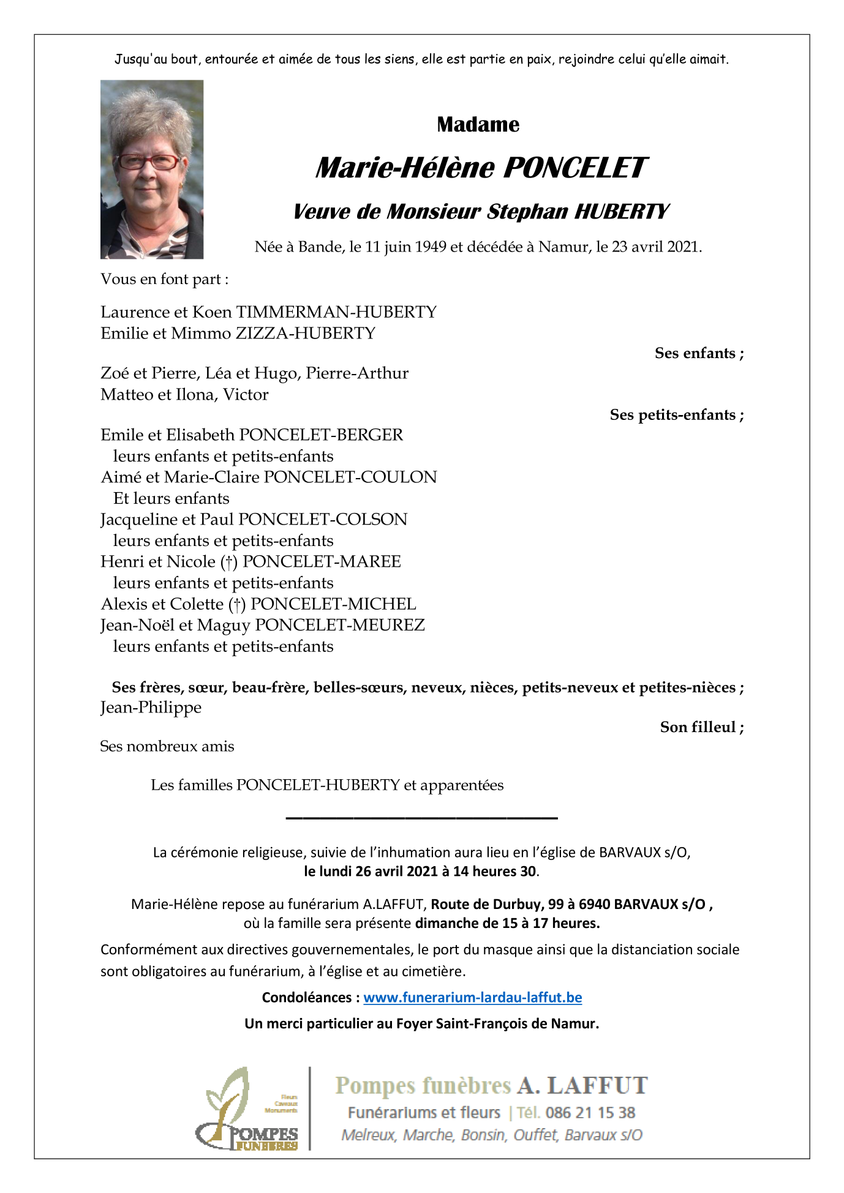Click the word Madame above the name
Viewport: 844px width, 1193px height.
tap(478, 125)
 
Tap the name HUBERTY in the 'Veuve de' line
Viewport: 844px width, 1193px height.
tap(621, 212)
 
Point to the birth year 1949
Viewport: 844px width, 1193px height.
tap(431, 247)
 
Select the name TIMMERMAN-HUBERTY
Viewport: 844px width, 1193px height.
tap(336, 312)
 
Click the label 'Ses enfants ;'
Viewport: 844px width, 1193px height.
tap(699, 353)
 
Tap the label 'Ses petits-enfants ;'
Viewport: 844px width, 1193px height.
tap(676, 415)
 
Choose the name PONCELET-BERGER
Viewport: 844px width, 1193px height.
tap(321, 435)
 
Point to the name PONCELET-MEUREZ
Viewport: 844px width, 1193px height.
tap(340, 626)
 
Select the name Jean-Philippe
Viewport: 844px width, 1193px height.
tap(151, 708)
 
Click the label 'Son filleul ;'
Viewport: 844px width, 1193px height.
tap(701, 727)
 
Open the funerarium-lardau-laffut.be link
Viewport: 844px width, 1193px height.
tap(472, 998)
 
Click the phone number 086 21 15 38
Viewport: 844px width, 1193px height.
tap(590, 1113)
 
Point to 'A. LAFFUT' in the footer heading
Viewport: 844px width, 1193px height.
tap(582, 1086)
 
